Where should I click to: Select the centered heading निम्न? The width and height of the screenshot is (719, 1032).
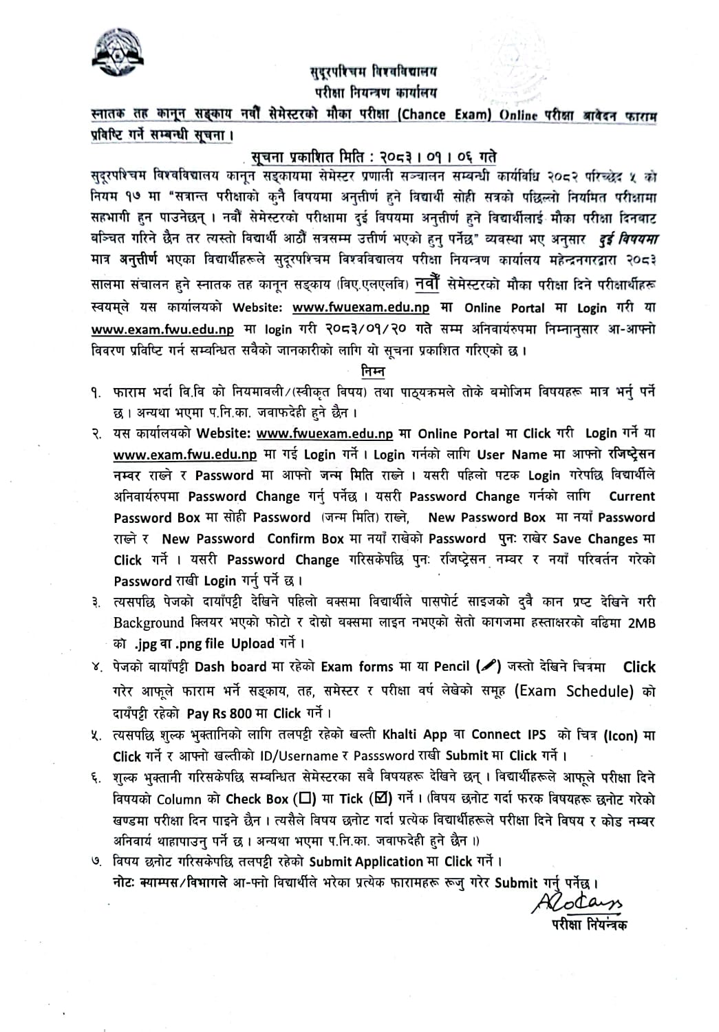(373, 372)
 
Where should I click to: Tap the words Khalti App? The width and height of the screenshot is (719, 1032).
(414, 735)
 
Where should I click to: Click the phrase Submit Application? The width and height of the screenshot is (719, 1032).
(366, 861)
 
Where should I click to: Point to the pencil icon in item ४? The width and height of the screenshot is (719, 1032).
(488, 666)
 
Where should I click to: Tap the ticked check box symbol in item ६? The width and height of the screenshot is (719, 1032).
(380, 799)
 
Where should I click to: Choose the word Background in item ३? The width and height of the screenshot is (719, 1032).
(149, 623)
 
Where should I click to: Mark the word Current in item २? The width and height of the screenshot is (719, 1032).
(632, 496)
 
